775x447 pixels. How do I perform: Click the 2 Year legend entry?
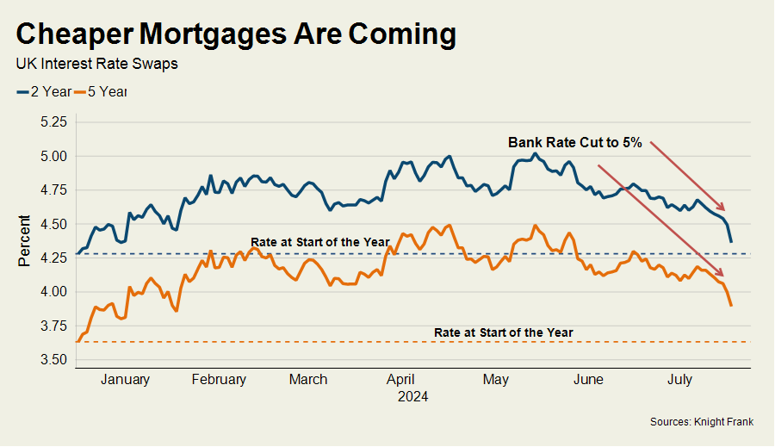coord(43,91)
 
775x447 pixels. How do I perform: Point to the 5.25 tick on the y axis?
coord(53,122)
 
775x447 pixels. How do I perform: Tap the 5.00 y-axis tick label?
coord(53,156)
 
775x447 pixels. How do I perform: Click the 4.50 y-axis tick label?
coord(53,224)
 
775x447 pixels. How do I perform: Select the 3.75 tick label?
coord(53,326)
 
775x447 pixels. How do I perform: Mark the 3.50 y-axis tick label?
coord(53,359)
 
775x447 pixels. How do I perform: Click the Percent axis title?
coord(25,240)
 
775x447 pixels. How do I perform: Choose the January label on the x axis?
coord(125,379)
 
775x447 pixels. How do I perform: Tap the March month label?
coord(308,379)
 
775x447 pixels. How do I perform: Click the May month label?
coord(495,379)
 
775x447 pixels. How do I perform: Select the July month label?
coord(680,379)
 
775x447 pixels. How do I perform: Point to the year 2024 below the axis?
coord(412,397)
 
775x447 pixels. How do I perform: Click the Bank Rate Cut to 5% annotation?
coord(574,143)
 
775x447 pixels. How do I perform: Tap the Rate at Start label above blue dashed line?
coord(320,242)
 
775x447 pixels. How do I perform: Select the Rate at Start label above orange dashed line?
coord(503,332)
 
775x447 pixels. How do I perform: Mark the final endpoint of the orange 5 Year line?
coord(731,305)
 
